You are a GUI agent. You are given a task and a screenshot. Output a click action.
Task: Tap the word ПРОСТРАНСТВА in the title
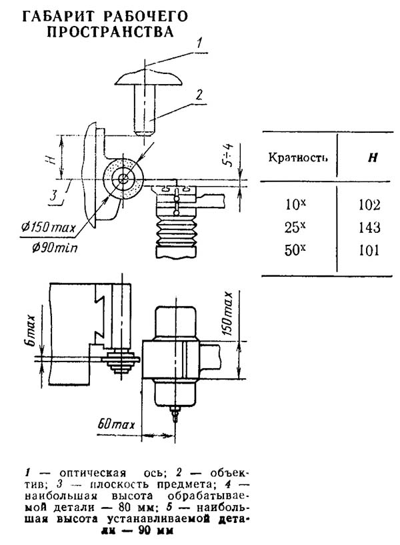tap(110, 31)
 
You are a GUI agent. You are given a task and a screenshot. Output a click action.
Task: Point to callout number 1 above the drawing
tap(199, 43)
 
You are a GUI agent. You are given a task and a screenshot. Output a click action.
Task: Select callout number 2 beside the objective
tap(199, 95)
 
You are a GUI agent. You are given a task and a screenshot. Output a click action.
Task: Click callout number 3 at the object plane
tap(53, 195)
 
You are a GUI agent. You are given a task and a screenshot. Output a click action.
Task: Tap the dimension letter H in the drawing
tap(52, 159)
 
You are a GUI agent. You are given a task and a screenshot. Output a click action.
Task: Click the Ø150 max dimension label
tap(48, 228)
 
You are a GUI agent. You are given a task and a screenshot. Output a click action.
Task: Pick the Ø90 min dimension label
tap(55, 248)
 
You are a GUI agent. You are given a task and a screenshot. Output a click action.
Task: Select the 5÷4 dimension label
tap(229, 155)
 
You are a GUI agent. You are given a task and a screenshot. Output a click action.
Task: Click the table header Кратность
tap(298, 157)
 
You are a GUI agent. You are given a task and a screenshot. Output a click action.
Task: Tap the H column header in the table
tap(373, 158)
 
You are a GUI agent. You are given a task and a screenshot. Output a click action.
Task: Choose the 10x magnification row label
tap(295, 204)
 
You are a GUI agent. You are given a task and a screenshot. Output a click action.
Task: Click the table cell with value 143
tap(369, 227)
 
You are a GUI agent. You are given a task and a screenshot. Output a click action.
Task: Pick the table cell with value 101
tap(369, 250)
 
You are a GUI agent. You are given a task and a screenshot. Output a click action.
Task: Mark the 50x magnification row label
tap(295, 250)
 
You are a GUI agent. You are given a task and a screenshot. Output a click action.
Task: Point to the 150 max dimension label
tap(227, 314)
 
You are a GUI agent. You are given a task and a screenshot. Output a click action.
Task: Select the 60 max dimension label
tap(115, 424)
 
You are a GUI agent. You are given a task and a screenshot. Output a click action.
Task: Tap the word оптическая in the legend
tap(93, 473)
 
